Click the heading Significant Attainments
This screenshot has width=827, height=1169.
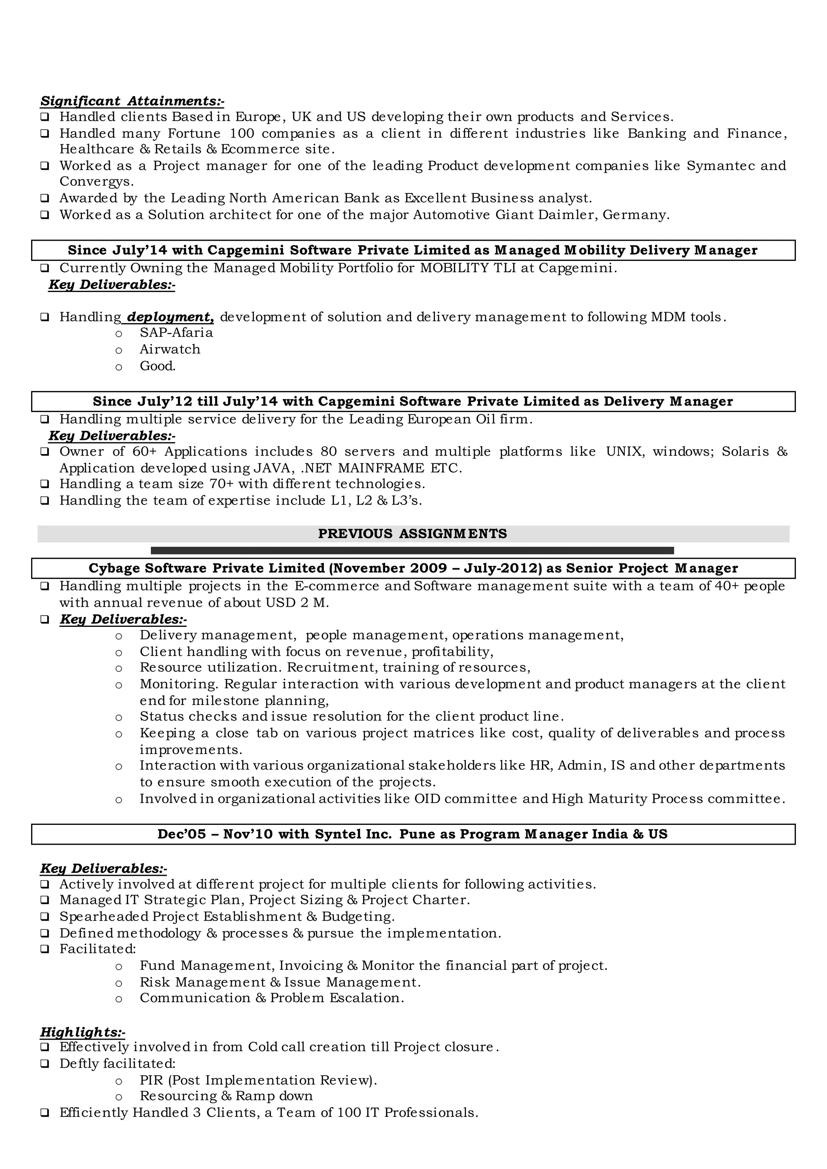[132, 101]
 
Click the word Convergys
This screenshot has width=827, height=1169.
[96, 182]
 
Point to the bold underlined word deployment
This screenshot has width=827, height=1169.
[170, 317]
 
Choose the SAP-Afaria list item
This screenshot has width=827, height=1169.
[176, 332]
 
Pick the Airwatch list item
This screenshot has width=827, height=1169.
[170, 349]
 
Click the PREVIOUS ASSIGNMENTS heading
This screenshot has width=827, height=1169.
[412, 534]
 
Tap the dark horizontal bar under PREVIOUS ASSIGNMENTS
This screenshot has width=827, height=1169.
[412, 550]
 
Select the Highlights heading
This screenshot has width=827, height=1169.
[82, 1032]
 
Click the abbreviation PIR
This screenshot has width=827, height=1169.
[151, 1081]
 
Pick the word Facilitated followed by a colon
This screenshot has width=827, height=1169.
[98, 949]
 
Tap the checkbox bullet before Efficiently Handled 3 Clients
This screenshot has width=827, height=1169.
[45, 1113]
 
